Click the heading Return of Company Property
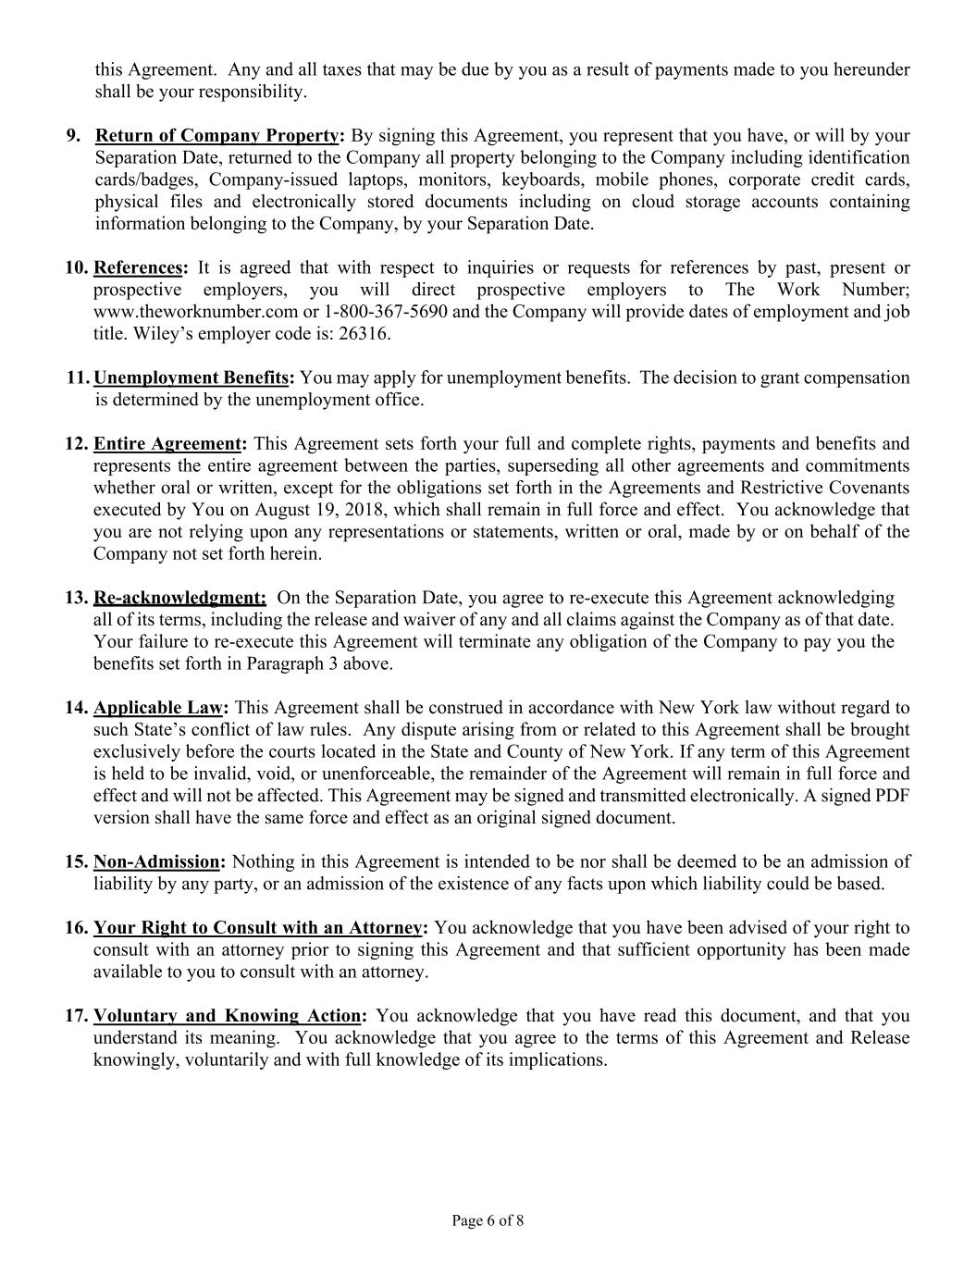217,136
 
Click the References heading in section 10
138,268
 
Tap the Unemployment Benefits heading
191,378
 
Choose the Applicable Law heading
158,708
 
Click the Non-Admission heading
156,861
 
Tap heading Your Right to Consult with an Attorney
258,928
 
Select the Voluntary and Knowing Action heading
227,1016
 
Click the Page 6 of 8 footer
488,1220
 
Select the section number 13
75,598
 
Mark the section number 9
72,136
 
